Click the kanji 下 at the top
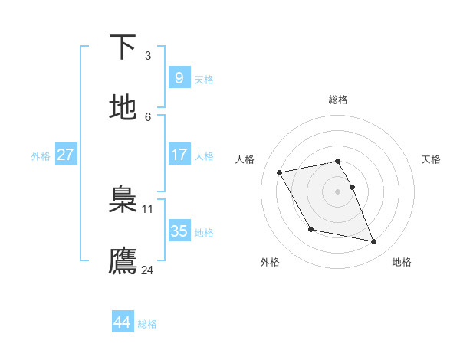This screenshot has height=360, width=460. click(123, 47)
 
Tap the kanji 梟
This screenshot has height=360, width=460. click(123, 201)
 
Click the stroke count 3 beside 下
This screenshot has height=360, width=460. click(148, 55)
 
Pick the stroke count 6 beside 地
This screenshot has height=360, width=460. click(148, 116)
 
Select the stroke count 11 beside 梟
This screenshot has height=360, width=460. click(148, 208)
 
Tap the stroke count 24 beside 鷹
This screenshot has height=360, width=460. click(148, 270)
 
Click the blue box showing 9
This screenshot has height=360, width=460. click(179, 77)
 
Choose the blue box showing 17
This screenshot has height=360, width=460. click(179, 155)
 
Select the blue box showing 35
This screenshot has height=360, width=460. click(179, 231)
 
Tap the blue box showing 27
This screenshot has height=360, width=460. click(65, 155)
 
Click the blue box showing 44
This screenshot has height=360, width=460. click(122, 322)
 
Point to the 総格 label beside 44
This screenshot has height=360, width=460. click(147, 324)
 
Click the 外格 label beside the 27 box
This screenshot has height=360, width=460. click(41, 156)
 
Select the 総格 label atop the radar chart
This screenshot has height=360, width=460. click(338, 100)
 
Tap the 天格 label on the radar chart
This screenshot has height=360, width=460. click(431, 159)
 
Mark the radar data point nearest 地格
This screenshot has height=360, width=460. click(374, 242)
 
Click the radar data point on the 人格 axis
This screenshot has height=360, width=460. click(280, 172)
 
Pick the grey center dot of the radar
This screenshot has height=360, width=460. click(338, 191)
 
